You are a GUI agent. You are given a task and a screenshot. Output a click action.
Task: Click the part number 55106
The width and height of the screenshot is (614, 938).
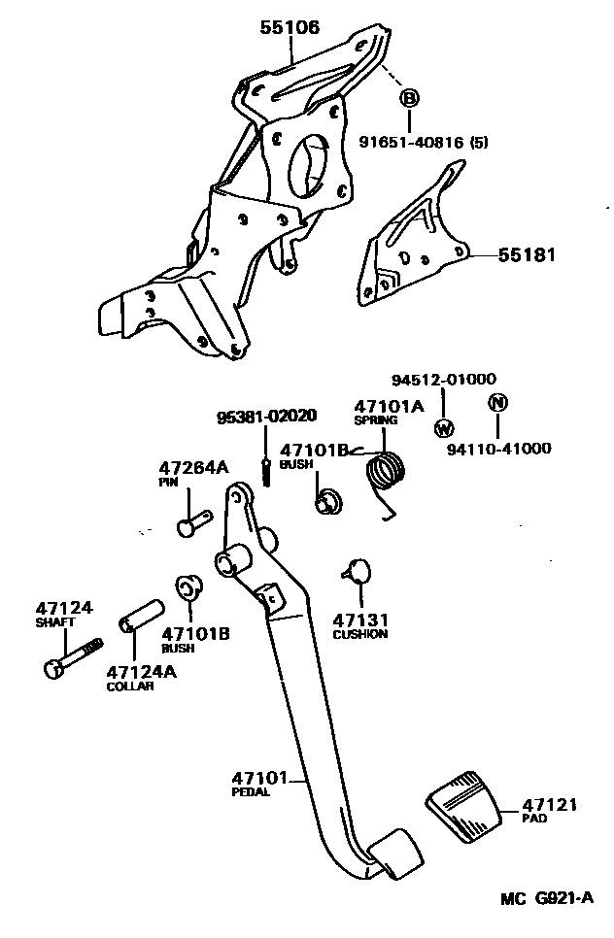pyautogui.click(x=289, y=27)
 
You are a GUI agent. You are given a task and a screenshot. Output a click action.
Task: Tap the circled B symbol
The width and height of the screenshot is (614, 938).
pyautogui.click(x=409, y=98)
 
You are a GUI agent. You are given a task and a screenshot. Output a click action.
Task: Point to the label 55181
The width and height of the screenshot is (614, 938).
pyautogui.click(x=527, y=255)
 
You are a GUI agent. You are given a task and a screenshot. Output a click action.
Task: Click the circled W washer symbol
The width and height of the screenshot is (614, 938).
pyautogui.click(x=444, y=427)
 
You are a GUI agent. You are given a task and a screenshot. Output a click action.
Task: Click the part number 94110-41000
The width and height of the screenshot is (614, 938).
pyautogui.click(x=499, y=449)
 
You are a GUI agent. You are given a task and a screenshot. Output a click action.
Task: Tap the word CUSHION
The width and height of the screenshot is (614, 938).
pyautogui.click(x=359, y=634)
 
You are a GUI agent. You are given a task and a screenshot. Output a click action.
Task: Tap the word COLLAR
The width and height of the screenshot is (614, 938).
pyautogui.click(x=130, y=686)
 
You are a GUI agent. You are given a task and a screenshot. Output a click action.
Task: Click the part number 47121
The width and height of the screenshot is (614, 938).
pyautogui.click(x=549, y=805)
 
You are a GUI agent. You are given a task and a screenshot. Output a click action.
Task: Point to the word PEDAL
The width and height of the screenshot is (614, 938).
pyautogui.click(x=251, y=791)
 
